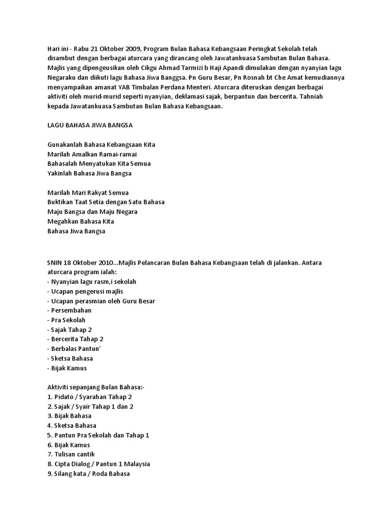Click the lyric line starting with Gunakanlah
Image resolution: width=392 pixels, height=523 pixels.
point(101,145)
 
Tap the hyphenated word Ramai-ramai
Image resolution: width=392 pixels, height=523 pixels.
point(118,154)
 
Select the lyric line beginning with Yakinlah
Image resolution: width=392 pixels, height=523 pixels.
point(89,173)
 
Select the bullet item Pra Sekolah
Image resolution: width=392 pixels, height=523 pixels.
point(68,320)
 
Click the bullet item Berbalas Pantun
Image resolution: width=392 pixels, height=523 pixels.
point(76,349)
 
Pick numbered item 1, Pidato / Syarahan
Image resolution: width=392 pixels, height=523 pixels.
point(89,397)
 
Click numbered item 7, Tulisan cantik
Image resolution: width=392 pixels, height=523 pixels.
point(74,454)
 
